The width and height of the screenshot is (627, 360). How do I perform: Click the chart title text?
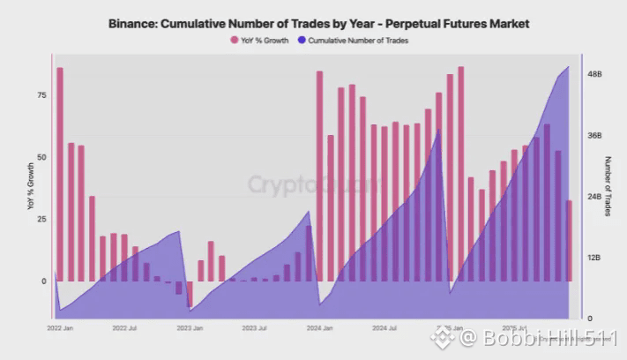(x=313, y=23)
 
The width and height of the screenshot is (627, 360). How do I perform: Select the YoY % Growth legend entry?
(x=259, y=41)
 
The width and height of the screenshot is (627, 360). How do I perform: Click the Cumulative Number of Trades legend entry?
(x=352, y=41)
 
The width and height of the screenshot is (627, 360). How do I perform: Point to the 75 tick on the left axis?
(x=41, y=94)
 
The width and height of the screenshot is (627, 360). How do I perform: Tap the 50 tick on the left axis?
(x=41, y=156)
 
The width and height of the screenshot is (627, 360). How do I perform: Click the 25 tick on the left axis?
(x=41, y=219)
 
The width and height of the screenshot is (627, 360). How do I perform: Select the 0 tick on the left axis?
(x=43, y=281)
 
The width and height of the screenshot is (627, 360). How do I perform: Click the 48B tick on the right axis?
(x=594, y=75)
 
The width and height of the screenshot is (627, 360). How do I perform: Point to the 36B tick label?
(x=594, y=136)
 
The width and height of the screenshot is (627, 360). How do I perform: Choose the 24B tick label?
(x=594, y=197)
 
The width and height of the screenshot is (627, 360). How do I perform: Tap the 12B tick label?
(x=594, y=258)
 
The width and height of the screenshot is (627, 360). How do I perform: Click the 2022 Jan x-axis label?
(x=59, y=327)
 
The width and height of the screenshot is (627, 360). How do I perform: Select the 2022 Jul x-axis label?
(x=125, y=327)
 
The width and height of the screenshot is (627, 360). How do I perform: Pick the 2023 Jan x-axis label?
(x=190, y=327)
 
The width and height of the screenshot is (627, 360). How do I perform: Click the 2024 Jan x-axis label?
(x=320, y=327)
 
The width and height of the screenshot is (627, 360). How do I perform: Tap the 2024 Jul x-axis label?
(x=385, y=327)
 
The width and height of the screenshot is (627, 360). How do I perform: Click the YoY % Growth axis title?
(x=30, y=186)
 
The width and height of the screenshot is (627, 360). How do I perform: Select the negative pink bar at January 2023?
(x=190, y=294)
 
